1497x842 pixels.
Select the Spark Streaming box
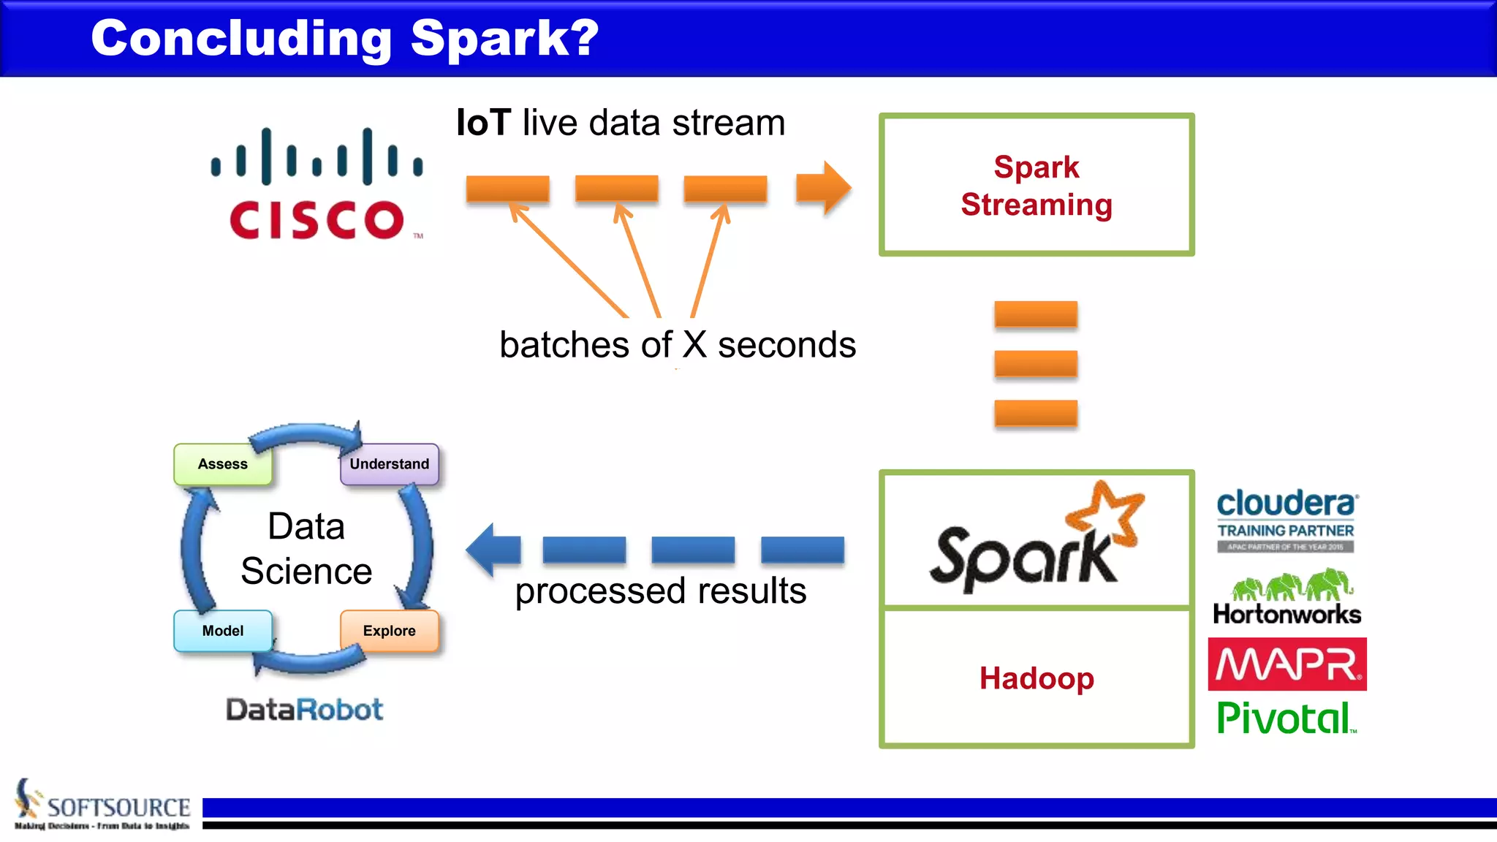click(1036, 185)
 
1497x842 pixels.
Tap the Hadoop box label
click(1036, 678)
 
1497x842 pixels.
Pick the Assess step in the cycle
click(223, 464)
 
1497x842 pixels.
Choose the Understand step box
click(389, 464)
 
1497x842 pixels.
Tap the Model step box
click(223, 631)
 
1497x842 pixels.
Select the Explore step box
click(389, 631)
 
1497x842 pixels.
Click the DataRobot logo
click(304, 710)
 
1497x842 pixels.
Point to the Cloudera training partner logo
click(1286, 520)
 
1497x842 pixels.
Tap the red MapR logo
click(1286, 664)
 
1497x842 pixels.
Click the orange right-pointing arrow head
click(826, 188)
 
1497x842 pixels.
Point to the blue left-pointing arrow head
click(491, 550)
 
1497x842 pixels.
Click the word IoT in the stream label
click(483, 123)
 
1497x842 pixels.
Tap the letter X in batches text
click(694, 344)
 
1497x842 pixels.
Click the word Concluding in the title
click(241, 38)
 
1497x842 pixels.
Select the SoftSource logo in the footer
click(102, 805)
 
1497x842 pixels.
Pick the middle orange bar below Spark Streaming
click(1036, 363)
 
